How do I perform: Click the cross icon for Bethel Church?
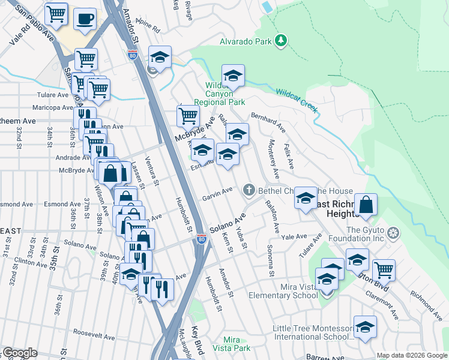[x=249, y=190]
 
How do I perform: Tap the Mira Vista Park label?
[x=227, y=344]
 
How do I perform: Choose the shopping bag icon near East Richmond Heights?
[x=366, y=205]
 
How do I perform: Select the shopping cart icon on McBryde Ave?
[x=188, y=115]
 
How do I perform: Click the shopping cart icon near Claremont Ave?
[x=384, y=270]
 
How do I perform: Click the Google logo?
[x=20, y=353]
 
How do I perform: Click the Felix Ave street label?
[x=290, y=155]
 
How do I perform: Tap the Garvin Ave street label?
[x=217, y=194]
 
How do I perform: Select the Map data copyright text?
[x=412, y=355]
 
